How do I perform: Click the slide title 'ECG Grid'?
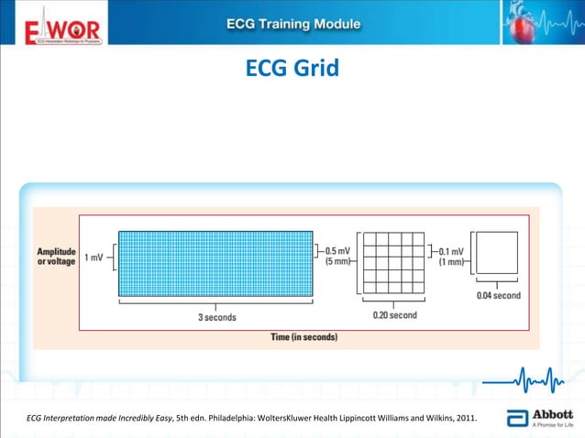click(292, 69)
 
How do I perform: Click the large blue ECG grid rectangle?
click(216, 264)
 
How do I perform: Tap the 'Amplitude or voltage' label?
click(57, 257)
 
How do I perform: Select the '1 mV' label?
click(94, 257)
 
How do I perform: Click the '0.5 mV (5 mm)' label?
click(337, 256)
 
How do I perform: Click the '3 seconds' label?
click(216, 317)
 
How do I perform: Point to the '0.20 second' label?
click(394, 315)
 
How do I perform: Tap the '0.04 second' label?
click(499, 295)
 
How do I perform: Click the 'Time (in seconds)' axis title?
click(304, 337)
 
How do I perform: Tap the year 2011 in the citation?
click(466, 419)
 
